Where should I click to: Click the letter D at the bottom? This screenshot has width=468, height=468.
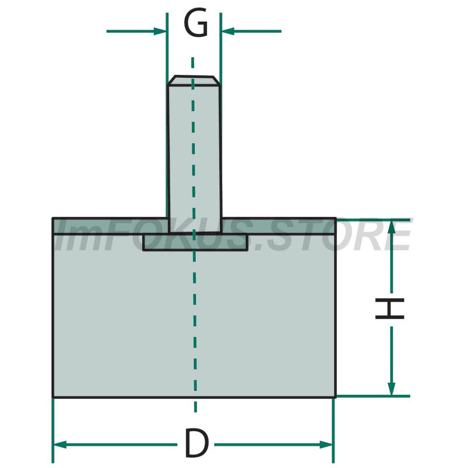click(197, 443)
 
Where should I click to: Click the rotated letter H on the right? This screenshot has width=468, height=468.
click(390, 308)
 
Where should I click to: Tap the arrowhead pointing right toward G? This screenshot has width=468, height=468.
click(160, 31)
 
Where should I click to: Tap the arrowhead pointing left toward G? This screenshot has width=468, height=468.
click(228, 31)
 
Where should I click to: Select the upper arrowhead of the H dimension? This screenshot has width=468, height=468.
click(391, 227)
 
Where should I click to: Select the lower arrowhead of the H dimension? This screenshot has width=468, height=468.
click(391, 389)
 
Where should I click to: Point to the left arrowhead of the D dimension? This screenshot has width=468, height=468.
click(60, 445)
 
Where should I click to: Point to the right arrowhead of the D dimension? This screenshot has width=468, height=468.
click(326, 445)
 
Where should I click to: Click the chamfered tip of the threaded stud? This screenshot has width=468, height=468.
click(194, 81)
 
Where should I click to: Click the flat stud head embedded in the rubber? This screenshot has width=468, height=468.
click(195, 242)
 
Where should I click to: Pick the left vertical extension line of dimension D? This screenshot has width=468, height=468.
click(53, 431)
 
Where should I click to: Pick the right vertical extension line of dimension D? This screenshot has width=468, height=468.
click(333, 431)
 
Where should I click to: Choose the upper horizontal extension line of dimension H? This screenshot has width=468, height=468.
click(373, 220)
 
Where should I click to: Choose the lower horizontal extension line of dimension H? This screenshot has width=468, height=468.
click(373, 397)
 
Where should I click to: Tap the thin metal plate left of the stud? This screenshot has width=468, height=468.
click(110, 226)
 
